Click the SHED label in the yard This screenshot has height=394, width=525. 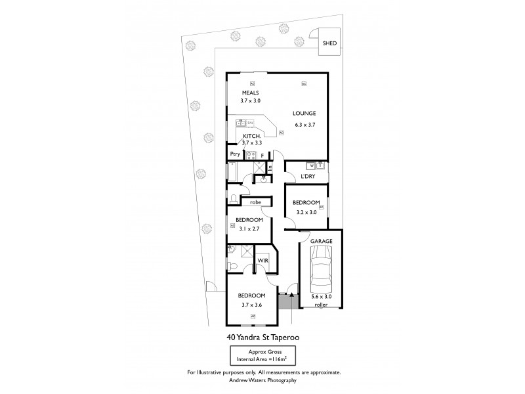pyautogui.click(x=329, y=43)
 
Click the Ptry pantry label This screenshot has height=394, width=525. pyautogui.click(x=234, y=154)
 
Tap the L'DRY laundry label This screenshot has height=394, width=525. pyautogui.click(x=307, y=177)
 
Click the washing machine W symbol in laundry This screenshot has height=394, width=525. pyautogui.click(x=312, y=166)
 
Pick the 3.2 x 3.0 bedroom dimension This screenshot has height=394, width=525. pyautogui.click(x=306, y=211)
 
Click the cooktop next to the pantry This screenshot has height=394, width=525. pyautogui.click(x=250, y=155)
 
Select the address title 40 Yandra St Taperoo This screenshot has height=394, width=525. pyautogui.click(x=262, y=338)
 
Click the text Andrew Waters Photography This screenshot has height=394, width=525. pyautogui.click(x=262, y=380)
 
